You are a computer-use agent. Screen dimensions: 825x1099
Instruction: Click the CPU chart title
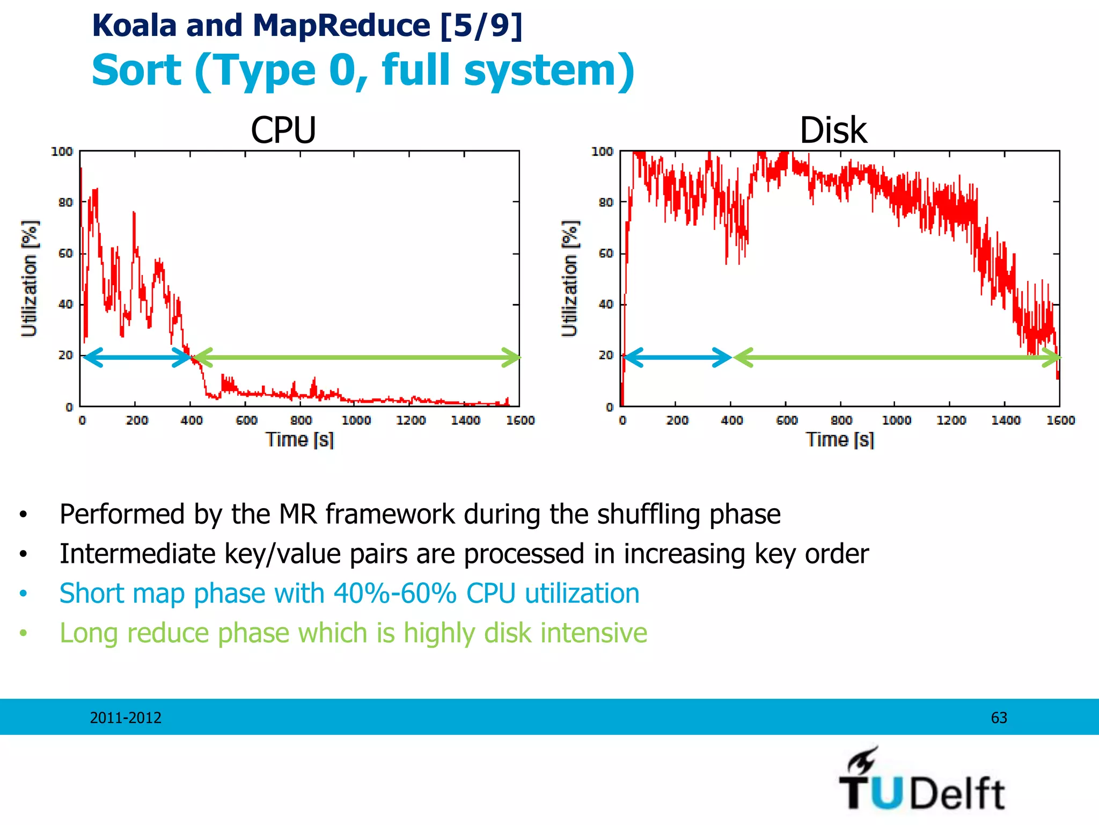click(283, 131)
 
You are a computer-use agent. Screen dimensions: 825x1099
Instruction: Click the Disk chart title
click(833, 131)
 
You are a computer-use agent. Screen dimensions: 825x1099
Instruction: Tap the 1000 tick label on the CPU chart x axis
click(356, 420)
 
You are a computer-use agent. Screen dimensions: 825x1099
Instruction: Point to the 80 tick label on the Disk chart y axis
click(606, 202)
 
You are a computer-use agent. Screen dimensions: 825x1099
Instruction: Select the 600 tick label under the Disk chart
click(787, 420)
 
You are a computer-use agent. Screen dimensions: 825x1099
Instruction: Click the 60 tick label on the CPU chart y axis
click(65, 254)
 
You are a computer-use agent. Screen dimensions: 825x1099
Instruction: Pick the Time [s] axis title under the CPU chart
click(300, 440)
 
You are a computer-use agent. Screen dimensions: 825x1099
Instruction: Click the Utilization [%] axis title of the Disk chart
click(570, 278)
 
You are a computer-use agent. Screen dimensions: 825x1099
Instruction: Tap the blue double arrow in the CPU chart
click(137, 357)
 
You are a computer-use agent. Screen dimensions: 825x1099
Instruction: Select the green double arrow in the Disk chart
click(896, 357)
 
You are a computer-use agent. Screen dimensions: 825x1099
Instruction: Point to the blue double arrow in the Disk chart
click(677, 357)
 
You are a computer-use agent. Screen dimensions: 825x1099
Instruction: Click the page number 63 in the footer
click(999, 718)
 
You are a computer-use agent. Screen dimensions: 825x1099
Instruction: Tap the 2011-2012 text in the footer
click(126, 718)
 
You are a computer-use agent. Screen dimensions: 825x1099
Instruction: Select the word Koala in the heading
click(134, 25)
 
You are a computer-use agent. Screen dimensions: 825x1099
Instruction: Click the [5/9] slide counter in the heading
click(481, 25)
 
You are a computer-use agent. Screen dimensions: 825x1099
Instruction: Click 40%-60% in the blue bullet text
click(394, 594)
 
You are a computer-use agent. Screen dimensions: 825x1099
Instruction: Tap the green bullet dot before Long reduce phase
click(23, 634)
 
